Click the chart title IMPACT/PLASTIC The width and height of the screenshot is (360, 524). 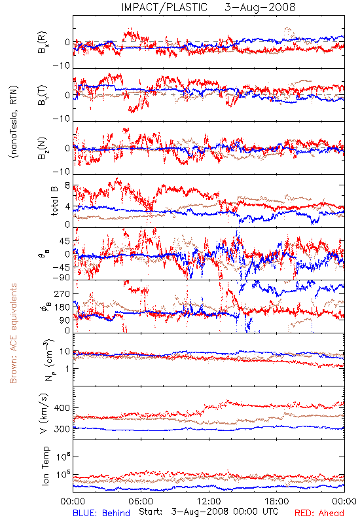164,7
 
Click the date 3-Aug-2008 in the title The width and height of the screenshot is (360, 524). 260,7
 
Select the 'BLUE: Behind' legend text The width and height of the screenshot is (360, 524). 101,513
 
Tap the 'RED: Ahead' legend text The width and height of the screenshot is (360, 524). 319,513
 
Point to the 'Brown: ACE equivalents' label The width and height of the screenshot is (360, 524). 13,333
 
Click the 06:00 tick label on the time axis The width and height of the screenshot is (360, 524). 141,501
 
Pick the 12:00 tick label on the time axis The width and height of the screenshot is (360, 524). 209,501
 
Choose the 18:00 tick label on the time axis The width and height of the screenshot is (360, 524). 277,501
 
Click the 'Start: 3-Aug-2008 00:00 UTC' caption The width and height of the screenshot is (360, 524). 208,512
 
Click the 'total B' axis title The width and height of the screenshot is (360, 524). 54,200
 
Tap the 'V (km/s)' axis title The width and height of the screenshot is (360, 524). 44,413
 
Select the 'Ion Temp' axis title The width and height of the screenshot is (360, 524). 45,466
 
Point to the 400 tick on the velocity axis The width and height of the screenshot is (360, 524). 62,407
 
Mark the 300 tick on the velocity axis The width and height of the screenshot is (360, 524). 62,429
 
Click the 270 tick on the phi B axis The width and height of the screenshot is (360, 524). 62,293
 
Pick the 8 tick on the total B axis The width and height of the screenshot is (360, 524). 67,185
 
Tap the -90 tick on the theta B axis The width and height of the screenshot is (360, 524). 62,278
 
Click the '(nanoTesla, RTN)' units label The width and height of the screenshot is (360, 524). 14,122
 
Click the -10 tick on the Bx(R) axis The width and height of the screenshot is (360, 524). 62,66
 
